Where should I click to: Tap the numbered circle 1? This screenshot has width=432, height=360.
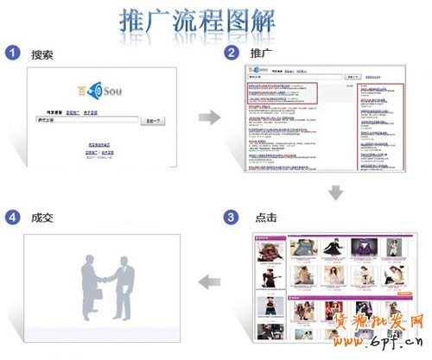(12, 54)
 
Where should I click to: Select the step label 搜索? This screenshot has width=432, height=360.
(41, 54)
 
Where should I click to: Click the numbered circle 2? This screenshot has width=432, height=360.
(232, 54)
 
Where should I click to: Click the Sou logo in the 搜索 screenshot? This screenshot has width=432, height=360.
(99, 88)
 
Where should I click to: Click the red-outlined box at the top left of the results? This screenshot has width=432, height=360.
(282, 93)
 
